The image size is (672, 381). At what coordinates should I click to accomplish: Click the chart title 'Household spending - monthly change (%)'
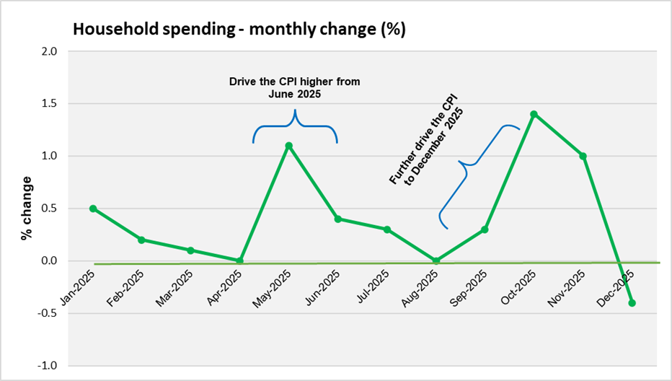coord(238,30)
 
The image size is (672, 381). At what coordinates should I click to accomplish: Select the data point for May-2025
coord(289,146)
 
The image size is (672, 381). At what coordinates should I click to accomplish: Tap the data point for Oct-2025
coord(534,114)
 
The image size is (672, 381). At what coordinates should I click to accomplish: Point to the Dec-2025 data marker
coord(632,303)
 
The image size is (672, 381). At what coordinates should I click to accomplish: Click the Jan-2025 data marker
coord(93,209)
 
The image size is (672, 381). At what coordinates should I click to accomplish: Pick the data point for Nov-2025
coord(583,156)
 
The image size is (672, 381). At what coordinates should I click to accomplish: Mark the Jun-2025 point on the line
coord(338,219)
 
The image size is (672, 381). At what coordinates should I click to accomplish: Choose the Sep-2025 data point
coord(485,229)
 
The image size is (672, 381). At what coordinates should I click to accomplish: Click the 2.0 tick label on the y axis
coord(49,52)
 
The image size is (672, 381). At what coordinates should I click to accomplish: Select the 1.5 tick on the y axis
coord(49,104)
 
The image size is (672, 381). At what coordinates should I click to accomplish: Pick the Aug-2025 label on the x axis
coord(421,286)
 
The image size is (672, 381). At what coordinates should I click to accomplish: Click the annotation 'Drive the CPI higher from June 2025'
coord(295,87)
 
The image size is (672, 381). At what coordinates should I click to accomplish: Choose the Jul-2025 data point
coord(387,229)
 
